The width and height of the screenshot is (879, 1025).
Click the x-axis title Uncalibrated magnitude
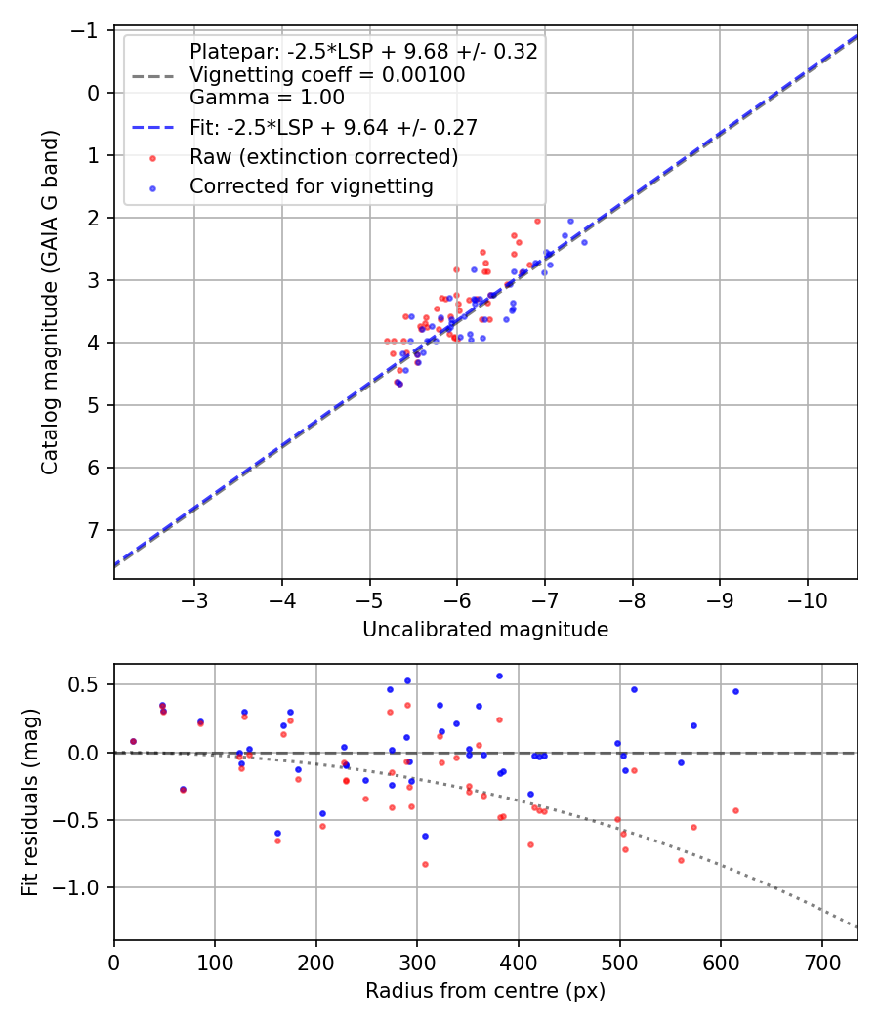click(x=485, y=630)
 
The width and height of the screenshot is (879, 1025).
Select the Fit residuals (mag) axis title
click(x=30, y=800)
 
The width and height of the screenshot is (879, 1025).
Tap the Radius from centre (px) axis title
click(x=485, y=991)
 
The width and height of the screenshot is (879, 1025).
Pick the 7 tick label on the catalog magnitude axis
click(x=95, y=530)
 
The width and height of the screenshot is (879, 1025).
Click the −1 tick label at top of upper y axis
click(x=89, y=30)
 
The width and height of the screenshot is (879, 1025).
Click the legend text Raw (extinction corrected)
click(x=323, y=157)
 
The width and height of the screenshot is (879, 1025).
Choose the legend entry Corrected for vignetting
click(x=312, y=185)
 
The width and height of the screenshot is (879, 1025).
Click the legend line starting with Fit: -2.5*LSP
click(x=333, y=127)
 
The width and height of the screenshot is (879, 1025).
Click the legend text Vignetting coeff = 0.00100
click(x=327, y=74)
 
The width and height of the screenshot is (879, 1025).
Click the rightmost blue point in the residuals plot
click(x=735, y=691)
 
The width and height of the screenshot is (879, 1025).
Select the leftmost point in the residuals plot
click(x=133, y=741)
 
